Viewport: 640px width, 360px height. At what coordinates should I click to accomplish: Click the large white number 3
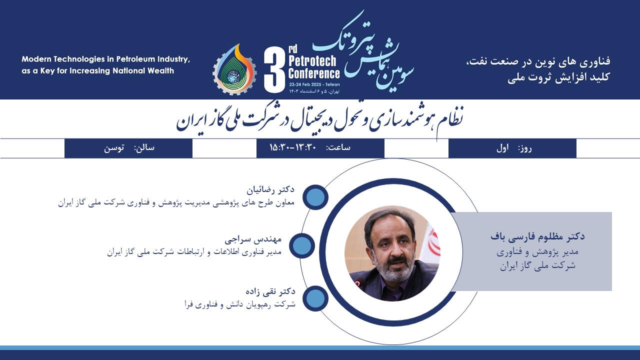pos(274,69)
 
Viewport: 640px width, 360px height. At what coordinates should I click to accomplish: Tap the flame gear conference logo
pos(234,69)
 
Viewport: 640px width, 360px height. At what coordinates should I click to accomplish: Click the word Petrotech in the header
pos(312,60)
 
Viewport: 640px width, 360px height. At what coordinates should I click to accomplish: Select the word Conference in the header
pos(314,73)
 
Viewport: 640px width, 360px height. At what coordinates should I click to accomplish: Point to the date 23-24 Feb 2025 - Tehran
pos(314,84)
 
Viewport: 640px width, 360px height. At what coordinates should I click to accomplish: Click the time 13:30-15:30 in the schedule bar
pos(293,147)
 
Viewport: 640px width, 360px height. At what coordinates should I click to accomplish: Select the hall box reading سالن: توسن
pos(128,148)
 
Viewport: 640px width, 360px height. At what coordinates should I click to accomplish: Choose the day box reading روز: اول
pos(512,148)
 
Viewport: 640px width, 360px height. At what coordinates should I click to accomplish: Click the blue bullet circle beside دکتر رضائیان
pos(315,197)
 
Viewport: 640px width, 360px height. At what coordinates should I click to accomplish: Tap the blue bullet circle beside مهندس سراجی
pos(301,245)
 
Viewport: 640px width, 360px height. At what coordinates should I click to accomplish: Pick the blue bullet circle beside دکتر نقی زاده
pos(315,298)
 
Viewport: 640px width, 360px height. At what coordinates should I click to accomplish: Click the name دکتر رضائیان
pos(270,189)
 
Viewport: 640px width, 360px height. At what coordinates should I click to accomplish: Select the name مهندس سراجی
pos(253,239)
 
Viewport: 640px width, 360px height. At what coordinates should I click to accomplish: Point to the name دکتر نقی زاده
pos(270,291)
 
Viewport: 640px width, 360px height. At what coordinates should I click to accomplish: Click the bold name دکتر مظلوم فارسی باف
pos(537,236)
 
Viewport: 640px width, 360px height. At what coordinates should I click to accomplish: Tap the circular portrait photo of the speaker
pos(392,253)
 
